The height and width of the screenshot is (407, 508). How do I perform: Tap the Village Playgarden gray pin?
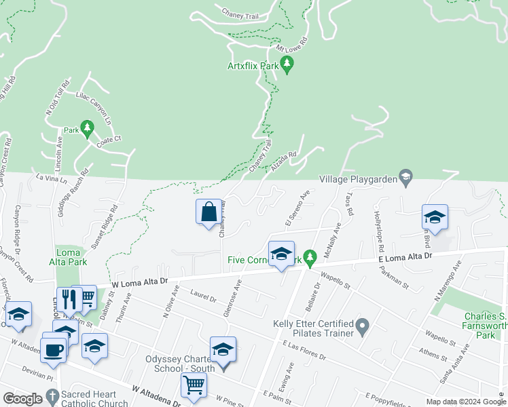[405, 178]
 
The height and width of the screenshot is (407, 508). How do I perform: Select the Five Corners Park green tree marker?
[310, 258]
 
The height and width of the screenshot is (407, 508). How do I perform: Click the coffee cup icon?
[53, 349]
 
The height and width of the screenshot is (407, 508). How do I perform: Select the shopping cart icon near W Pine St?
[194, 385]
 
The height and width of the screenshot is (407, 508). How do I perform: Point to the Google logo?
[22, 398]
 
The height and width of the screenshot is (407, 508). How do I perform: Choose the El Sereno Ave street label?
[297, 209]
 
